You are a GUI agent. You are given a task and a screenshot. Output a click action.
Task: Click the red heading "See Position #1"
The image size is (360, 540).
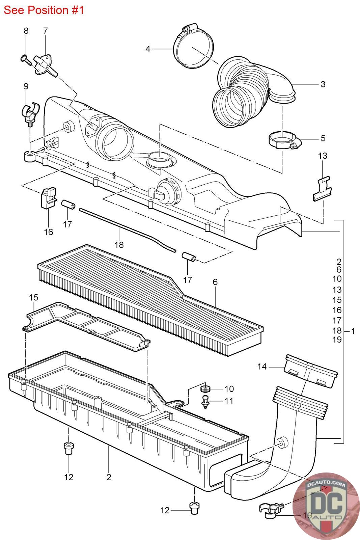44,10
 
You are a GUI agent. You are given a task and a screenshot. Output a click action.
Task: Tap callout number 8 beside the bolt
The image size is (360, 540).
26,31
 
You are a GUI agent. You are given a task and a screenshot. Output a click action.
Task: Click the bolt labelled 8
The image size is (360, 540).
27,60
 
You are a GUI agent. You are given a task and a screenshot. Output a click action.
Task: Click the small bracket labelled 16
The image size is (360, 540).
49,197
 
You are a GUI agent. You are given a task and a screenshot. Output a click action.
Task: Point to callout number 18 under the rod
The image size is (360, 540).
119,245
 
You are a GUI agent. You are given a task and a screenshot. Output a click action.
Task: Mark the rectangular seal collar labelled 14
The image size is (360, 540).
310,371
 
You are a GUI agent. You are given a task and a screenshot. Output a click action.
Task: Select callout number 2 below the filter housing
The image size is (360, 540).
109,477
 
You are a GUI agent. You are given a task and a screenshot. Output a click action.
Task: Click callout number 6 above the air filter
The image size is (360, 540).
215,282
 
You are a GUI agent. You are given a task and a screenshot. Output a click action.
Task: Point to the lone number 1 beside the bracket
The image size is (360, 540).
353,331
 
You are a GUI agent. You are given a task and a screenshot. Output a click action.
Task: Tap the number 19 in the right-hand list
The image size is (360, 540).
337,340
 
